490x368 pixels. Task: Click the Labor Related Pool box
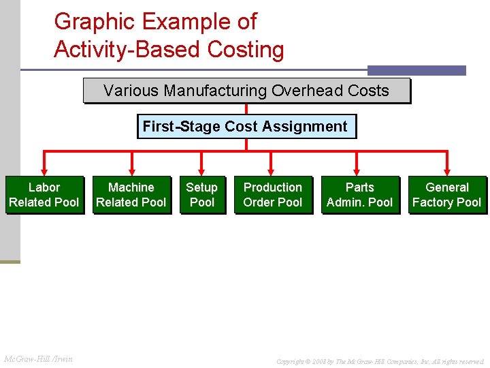pyautogui.click(x=44, y=195)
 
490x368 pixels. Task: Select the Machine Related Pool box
pyautogui.click(x=131, y=195)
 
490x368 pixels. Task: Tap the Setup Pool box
pyautogui.click(x=202, y=195)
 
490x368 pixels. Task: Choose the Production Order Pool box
pyautogui.click(x=273, y=195)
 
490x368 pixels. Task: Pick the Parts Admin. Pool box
pyautogui.click(x=360, y=195)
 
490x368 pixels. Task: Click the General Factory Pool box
pyautogui.click(x=447, y=195)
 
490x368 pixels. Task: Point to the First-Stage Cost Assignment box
pyautogui.click(x=246, y=127)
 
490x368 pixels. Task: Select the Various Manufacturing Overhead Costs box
pyautogui.click(x=246, y=91)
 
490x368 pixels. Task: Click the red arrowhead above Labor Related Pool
pyautogui.click(x=44, y=171)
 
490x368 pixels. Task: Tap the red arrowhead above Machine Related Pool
pyautogui.click(x=131, y=171)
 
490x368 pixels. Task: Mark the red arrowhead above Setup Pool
pyautogui.click(x=202, y=171)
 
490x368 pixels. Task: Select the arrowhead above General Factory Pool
pyautogui.click(x=447, y=171)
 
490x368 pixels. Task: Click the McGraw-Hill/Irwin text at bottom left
pyautogui.click(x=39, y=358)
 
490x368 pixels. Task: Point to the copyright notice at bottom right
pyautogui.click(x=380, y=361)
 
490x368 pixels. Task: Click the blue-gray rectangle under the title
pyautogui.click(x=416, y=70)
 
